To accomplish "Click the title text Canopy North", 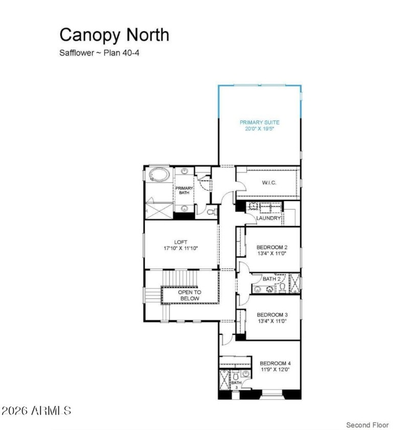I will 114,35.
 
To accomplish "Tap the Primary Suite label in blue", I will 260,122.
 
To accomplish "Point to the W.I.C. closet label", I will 269,183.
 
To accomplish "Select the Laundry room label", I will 268,218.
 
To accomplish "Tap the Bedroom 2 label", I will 271,247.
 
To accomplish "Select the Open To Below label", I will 190,296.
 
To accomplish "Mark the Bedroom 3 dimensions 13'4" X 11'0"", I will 271,321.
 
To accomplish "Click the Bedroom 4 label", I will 275,364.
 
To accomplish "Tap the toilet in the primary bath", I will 213,211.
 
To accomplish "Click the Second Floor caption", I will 367,425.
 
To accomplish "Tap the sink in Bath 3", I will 246,374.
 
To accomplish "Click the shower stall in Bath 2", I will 294,282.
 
